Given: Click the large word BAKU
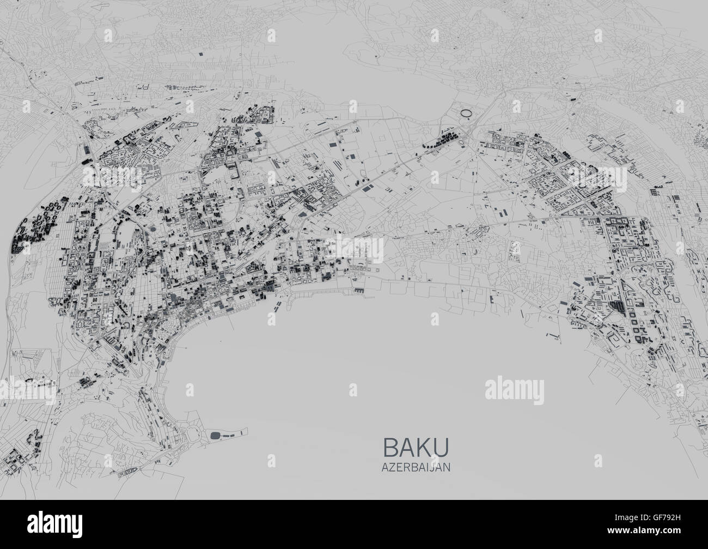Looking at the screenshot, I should click(x=417, y=447).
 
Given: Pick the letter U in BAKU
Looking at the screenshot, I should click(x=443, y=447).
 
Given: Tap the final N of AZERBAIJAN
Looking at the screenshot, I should click(x=447, y=467).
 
